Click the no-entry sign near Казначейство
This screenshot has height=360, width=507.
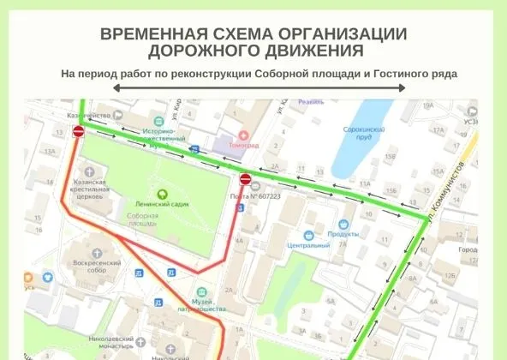tap(79, 131)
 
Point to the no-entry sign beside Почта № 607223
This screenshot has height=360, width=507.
tap(245, 179)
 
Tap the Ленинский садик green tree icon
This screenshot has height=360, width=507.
tap(163, 192)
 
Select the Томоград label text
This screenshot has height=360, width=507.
tap(243, 146)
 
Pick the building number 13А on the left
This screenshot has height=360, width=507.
tap(50, 151)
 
